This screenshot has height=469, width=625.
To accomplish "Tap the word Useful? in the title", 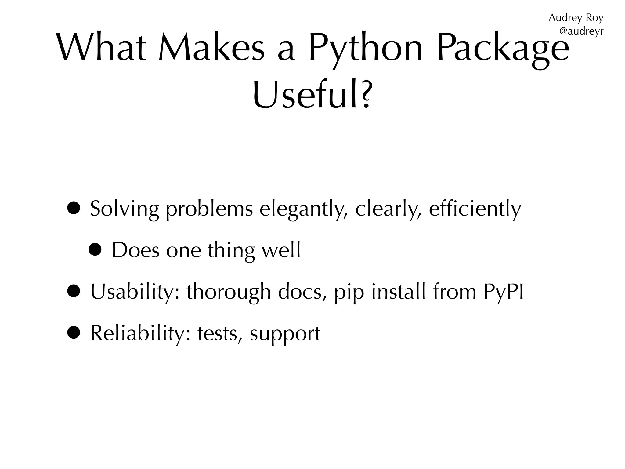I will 312,95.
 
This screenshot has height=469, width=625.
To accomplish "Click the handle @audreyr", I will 581,31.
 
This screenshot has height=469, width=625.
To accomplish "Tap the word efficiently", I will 475,209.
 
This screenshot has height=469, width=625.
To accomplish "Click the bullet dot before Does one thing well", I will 95,250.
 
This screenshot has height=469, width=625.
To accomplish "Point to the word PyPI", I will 503,292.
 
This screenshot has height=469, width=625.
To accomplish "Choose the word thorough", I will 229,292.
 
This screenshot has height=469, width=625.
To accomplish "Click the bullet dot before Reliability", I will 74,333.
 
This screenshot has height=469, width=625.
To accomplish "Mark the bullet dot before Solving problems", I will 74,209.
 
